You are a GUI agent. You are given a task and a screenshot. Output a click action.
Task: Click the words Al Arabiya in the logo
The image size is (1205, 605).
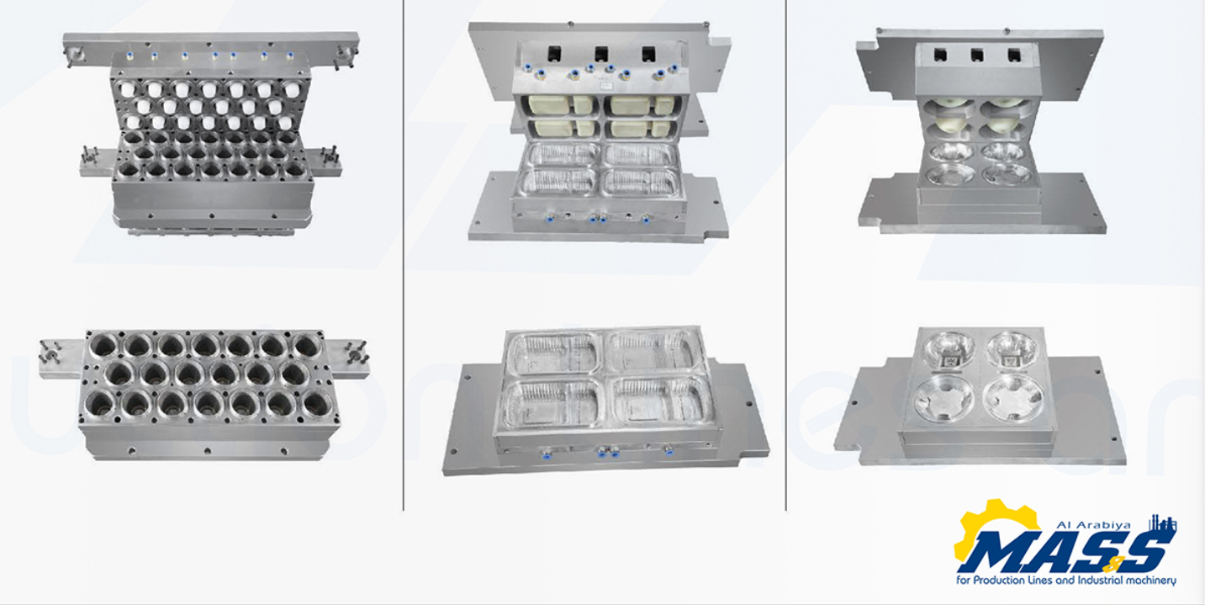click(1093, 524)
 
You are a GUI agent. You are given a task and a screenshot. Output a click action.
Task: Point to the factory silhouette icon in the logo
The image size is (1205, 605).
click(1162, 523)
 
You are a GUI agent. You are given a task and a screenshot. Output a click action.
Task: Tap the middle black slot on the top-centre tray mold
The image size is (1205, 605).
click(601, 53)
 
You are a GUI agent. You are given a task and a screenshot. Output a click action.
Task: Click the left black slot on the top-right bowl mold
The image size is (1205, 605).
click(940, 55)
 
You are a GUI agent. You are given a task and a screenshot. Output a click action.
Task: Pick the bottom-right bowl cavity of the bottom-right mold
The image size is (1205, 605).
click(1013, 398)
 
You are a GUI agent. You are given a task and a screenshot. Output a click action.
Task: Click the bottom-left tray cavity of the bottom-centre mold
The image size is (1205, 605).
click(552, 404)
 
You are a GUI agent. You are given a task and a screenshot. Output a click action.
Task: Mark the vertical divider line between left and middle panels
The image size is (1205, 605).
click(404, 255)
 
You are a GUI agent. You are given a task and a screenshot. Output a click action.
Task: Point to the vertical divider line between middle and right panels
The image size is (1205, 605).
click(786, 255)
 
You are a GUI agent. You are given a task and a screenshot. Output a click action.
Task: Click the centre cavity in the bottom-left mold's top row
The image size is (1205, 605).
click(204, 346)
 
